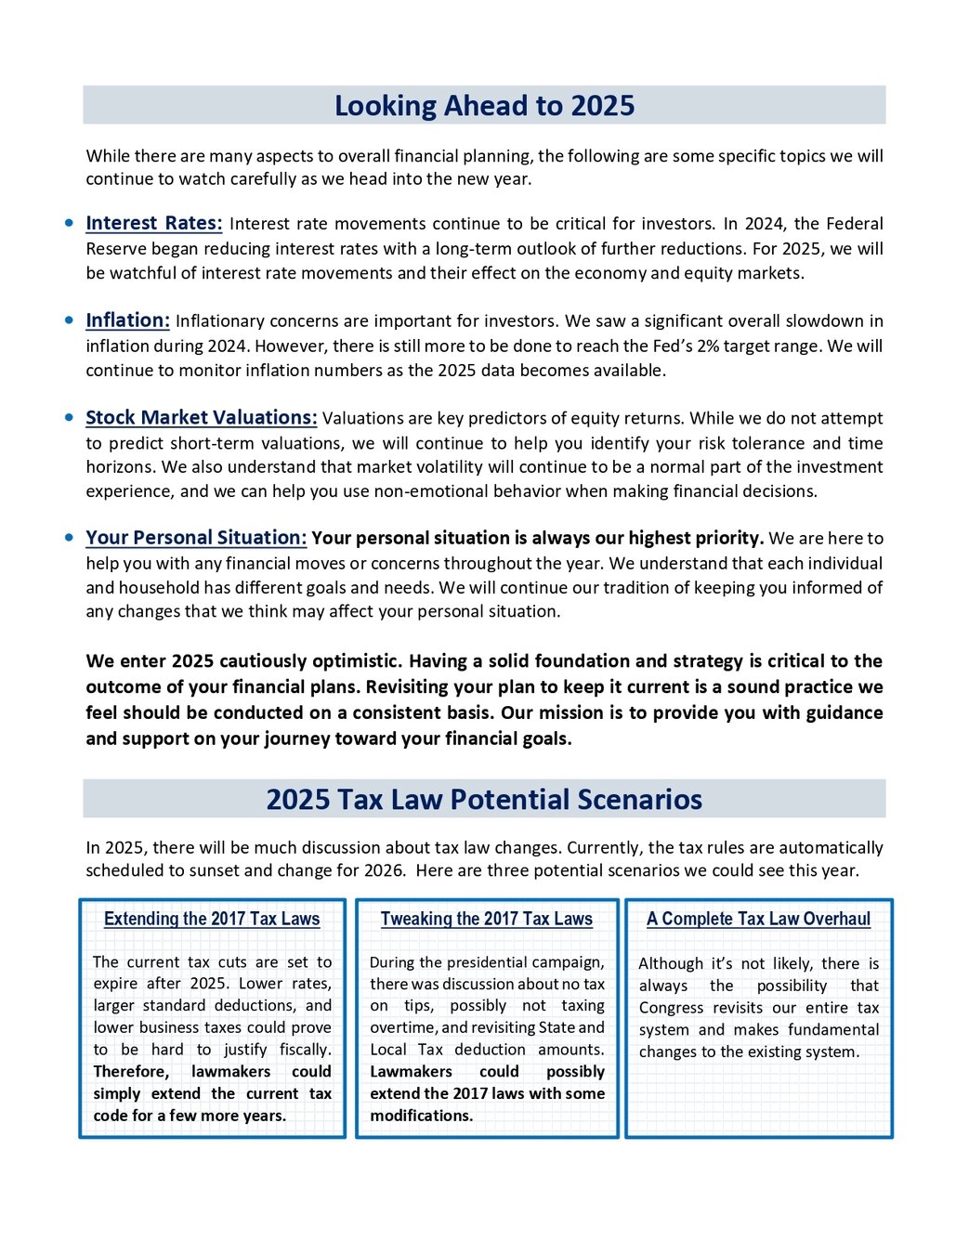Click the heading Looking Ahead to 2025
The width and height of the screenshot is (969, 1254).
tap(484, 106)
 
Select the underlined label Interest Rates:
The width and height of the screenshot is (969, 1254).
tap(154, 224)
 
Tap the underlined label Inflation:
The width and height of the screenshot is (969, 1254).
tap(128, 320)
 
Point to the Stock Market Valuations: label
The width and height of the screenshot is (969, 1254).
tap(202, 418)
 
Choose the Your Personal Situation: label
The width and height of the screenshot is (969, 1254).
tap(196, 538)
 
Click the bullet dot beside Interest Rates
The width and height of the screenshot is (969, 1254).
tap(70, 223)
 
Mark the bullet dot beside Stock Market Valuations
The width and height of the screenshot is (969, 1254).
tap(70, 417)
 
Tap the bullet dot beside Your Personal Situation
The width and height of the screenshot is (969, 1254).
tap(70, 537)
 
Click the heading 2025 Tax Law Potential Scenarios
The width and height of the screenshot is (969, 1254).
tap(484, 800)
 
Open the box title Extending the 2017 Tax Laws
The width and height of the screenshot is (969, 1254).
tap(212, 919)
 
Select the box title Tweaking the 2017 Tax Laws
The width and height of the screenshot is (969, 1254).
tap(486, 919)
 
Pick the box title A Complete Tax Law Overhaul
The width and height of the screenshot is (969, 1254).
tap(758, 919)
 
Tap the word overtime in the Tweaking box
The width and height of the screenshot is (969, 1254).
tap(403, 1027)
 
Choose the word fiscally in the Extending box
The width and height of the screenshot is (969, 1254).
tap(305, 1050)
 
